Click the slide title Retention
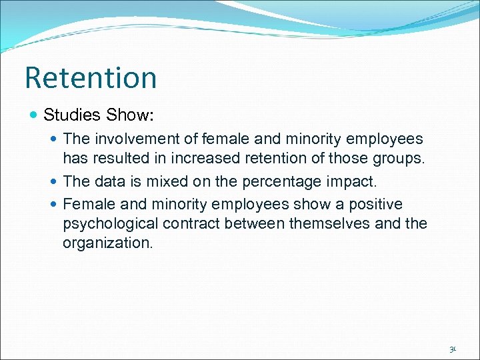click(x=91, y=77)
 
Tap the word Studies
click(x=71, y=115)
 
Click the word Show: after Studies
click(x=130, y=115)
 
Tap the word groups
click(x=397, y=158)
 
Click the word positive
click(x=371, y=204)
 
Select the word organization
click(x=107, y=243)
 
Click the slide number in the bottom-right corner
click(x=452, y=349)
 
